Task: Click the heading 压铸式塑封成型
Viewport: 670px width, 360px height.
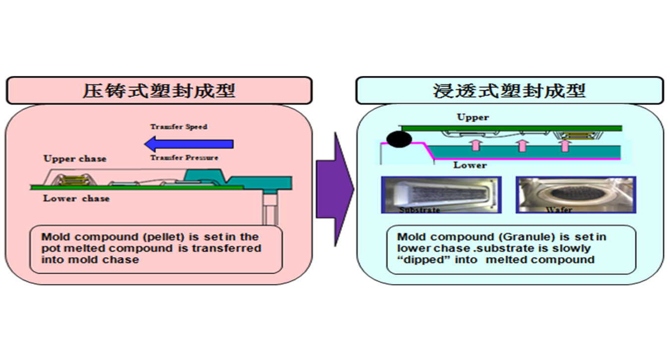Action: pyautogui.click(x=159, y=90)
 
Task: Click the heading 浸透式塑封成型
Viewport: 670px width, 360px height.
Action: pyautogui.click(x=509, y=90)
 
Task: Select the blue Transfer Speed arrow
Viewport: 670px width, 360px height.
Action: pyautogui.click(x=188, y=144)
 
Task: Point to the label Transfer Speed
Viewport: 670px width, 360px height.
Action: pyautogui.click(x=179, y=127)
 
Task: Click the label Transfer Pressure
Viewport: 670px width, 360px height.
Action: pyautogui.click(x=184, y=158)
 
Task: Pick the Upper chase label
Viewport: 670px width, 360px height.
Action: pyautogui.click(x=75, y=159)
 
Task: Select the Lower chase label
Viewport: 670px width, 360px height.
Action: pyautogui.click(x=76, y=198)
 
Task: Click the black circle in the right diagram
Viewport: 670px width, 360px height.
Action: pyautogui.click(x=399, y=139)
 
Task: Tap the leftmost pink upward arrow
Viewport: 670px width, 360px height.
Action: pyautogui.click(x=475, y=145)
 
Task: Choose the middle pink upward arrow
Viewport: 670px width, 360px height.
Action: pyautogui.click(x=521, y=145)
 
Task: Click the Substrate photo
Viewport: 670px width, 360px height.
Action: pyautogui.click(x=441, y=195)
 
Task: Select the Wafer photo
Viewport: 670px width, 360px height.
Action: pyautogui.click(x=576, y=195)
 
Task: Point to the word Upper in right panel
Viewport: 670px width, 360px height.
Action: pyautogui.click(x=473, y=118)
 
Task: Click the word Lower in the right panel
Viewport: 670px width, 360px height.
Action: pyautogui.click(x=470, y=165)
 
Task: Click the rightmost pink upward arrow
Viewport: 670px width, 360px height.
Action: pyautogui.click(x=564, y=145)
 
